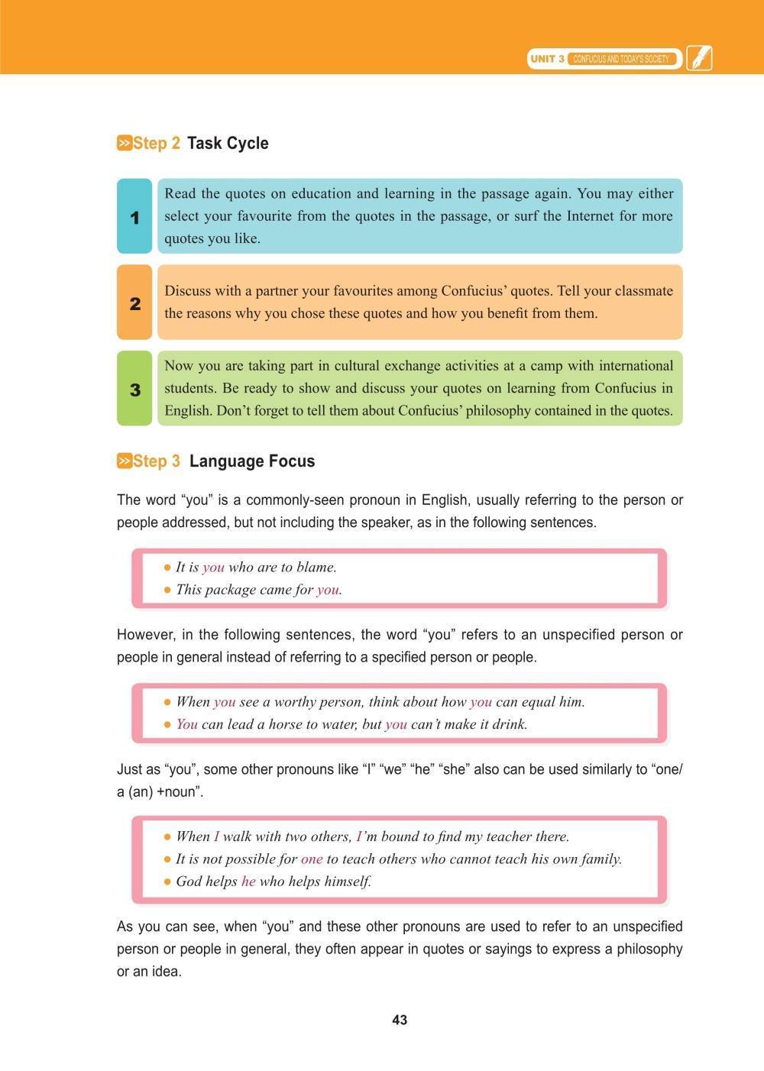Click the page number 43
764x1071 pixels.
pos(399,1020)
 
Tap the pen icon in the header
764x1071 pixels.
pos(698,58)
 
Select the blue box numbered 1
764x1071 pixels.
pos(134,217)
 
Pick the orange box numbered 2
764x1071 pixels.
pos(134,303)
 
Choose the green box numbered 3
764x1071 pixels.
pos(134,389)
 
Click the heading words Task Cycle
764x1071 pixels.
pos(228,144)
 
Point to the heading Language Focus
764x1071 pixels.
pos(252,461)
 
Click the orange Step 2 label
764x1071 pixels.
pos(157,144)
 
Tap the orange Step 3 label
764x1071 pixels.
pos(157,461)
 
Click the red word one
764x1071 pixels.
pos(312,859)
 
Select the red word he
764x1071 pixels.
pos(248,881)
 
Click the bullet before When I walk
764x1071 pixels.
pos(167,836)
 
